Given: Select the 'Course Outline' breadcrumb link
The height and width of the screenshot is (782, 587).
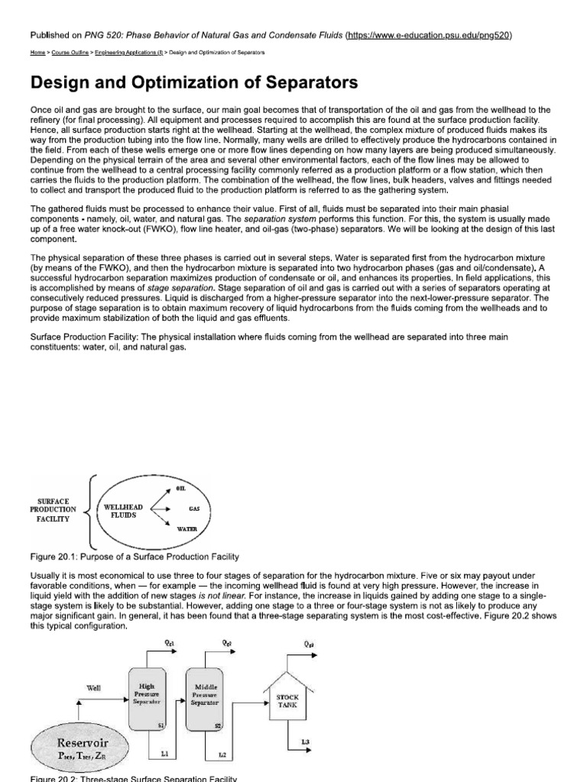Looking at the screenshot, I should click(x=71, y=53).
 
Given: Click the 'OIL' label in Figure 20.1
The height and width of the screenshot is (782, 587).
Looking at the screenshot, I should click(x=181, y=486).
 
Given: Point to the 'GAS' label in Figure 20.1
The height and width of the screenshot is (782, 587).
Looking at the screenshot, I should click(x=183, y=508).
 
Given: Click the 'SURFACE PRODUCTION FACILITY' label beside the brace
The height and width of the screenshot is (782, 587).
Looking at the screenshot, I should click(x=54, y=509).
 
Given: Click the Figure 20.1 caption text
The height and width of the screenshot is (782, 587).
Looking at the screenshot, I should click(x=133, y=554).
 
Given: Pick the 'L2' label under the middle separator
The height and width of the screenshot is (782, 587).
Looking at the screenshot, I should click(x=222, y=755).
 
